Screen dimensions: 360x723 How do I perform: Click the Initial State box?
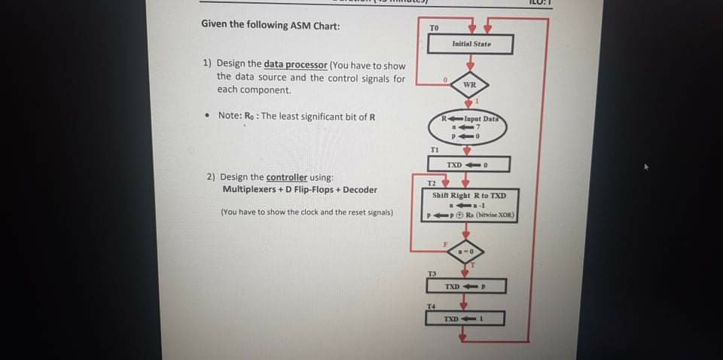point(471,44)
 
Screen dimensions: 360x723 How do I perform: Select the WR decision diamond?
point(469,85)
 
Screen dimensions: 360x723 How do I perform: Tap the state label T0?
point(434,28)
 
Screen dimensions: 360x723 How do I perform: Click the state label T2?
point(432,183)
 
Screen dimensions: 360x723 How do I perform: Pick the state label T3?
point(432,273)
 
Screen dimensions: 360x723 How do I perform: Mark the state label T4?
point(431,305)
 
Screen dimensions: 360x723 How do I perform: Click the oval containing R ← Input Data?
point(468,127)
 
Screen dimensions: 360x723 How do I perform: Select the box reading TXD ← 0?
point(468,164)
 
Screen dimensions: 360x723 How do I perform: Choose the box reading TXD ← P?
point(466,286)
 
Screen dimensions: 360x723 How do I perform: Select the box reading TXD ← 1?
point(465,319)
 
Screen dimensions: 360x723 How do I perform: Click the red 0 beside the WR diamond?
point(445,79)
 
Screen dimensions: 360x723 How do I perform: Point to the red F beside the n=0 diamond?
point(445,243)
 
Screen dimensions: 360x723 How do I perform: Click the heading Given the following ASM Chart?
point(270,25)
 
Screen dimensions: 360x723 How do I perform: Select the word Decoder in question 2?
point(358,190)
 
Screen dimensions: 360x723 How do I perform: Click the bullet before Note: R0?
point(207,116)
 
